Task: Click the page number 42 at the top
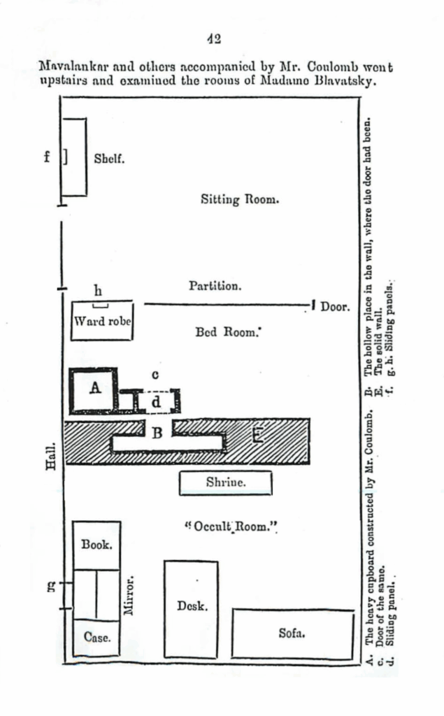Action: point(215,38)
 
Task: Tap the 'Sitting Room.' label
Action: point(240,199)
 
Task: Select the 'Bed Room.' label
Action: point(228,333)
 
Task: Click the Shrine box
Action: point(225,482)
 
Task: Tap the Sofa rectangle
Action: point(292,633)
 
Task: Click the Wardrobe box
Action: point(103,321)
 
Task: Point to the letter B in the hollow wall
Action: point(158,433)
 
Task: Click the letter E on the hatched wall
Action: point(257,436)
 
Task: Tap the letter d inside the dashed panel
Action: point(157,402)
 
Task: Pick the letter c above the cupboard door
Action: point(156,375)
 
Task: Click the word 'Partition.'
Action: point(215,286)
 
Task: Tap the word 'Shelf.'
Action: point(109,159)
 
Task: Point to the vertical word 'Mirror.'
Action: point(128,596)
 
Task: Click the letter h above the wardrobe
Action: point(98,289)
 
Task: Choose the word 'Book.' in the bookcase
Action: point(97,544)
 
